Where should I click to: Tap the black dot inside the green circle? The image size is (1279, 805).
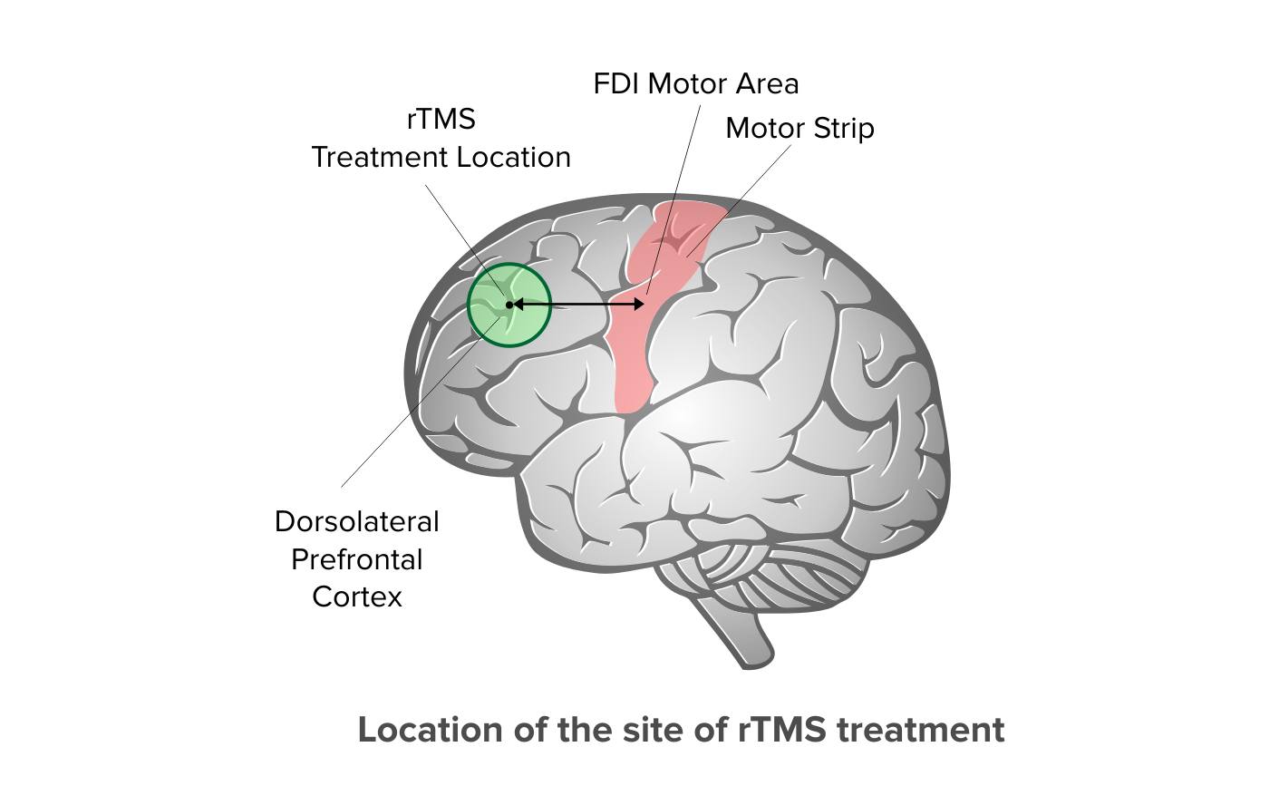509,306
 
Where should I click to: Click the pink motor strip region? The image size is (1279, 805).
634,331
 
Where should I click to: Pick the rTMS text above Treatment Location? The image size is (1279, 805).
441,120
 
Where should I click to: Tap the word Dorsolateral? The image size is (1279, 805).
357,522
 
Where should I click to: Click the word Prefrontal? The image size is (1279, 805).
357,559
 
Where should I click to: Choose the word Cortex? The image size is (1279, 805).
357,597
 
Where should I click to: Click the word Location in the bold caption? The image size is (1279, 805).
431,730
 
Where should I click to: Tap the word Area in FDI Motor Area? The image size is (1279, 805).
767,84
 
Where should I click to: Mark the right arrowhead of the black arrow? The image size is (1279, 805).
639,305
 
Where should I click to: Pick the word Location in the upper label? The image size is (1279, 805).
514,158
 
